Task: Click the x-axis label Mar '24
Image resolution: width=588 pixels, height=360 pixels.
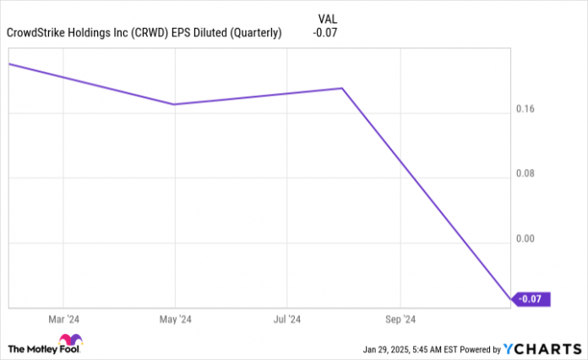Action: click(x=63, y=319)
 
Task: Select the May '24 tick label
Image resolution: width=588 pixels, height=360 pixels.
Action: click(x=176, y=319)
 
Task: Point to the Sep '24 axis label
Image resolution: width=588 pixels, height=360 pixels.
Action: click(x=400, y=319)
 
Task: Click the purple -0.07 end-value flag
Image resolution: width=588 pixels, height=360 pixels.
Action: click(x=533, y=299)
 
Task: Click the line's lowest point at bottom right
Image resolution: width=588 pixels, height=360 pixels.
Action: click(x=510, y=299)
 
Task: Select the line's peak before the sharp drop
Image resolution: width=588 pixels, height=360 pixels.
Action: click(x=342, y=88)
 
